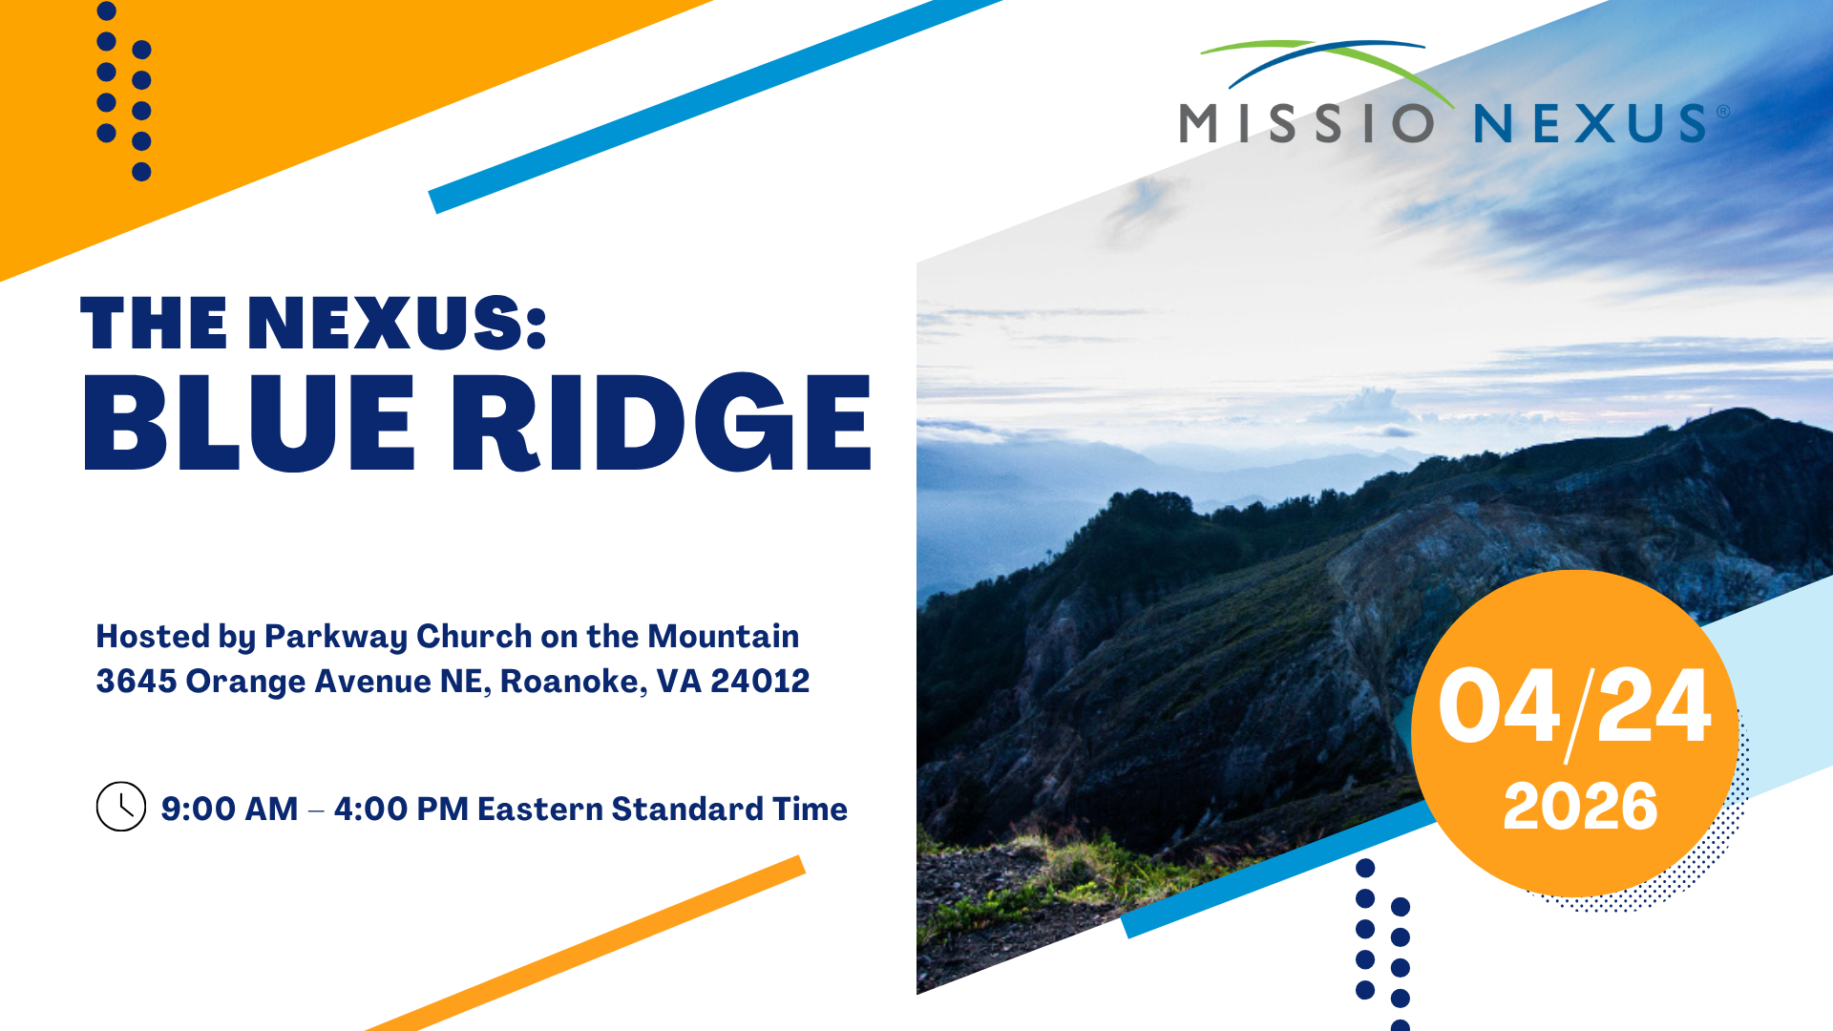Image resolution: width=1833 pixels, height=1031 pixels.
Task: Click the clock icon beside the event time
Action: [121, 807]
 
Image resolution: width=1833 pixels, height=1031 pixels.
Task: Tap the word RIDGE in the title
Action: [661, 423]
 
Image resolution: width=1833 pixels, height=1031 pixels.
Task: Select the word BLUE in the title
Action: [249, 423]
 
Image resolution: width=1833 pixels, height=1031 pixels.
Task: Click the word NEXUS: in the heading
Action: [397, 323]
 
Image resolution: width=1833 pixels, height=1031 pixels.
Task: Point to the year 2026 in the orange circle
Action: [1580, 807]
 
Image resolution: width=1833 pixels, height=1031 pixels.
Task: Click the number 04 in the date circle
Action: [1499, 706]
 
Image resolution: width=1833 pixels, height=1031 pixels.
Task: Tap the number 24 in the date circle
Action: [1654, 706]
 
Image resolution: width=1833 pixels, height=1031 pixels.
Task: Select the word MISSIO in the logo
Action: [1307, 123]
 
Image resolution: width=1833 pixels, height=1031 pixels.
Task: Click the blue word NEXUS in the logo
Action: [1591, 123]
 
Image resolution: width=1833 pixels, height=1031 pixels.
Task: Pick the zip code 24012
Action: [760, 681]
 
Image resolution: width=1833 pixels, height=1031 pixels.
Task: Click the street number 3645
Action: [137, 681]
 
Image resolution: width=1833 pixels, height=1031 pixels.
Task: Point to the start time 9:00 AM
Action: [229, 809]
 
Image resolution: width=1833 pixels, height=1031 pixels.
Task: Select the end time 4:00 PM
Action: [401, 809]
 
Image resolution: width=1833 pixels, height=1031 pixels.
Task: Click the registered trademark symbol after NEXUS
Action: [1723, 111]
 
